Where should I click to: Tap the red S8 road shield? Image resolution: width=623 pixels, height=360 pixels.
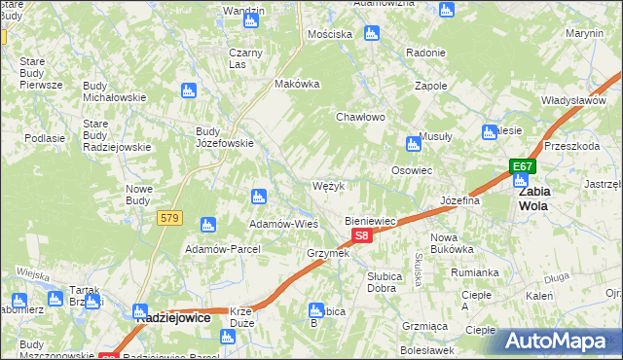pyautogui.click(x=361, y=236)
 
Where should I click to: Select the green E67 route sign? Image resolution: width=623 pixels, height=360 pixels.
pyautogui.click(x=524, y=167)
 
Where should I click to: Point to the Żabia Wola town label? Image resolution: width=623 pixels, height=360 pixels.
pyautogui.click(x=532, y=198)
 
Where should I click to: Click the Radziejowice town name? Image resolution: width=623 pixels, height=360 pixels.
pyautogui.click(x=172, y=316)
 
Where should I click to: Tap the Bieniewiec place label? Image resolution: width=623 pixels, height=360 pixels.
pyautogui.click(x=370, y=222)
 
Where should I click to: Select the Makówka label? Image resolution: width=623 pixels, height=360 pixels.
pyautogui.click(x=298, y=84)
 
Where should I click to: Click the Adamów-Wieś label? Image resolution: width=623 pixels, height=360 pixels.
pyautogui.click(x=284, y=224)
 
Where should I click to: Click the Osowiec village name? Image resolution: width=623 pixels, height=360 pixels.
pyautogui.click(x=412, y=170)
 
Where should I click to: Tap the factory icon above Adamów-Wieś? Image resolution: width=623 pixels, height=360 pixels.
pyautogui.click(x=259, y=198)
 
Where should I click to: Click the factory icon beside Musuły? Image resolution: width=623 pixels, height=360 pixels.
pyautogui.click(x=413, y=144)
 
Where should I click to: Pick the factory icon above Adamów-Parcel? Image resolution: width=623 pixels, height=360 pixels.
pyautogui.click(x=207, y=226)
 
